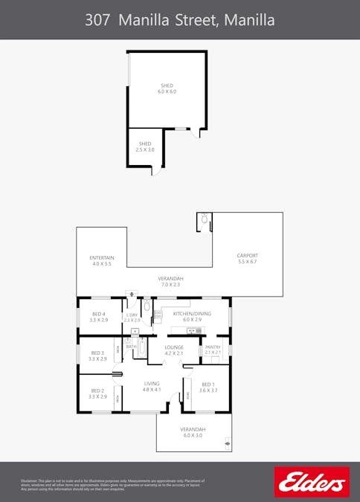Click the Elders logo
[312, 482]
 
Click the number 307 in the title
[99, 20]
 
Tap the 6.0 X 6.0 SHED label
[167, 89]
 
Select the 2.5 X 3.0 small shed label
[144, 147]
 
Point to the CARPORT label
[247, 259]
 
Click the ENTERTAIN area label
[101, 261]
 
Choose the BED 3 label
[98, 355]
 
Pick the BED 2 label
[98, 393]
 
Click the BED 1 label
[208, 387]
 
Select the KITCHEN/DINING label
[192, 317]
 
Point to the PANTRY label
[212, 350]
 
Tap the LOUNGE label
[174, 350]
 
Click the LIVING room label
[152, 386]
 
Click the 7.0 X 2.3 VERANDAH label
[169, 281]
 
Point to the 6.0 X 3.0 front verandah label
[193, 432]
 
